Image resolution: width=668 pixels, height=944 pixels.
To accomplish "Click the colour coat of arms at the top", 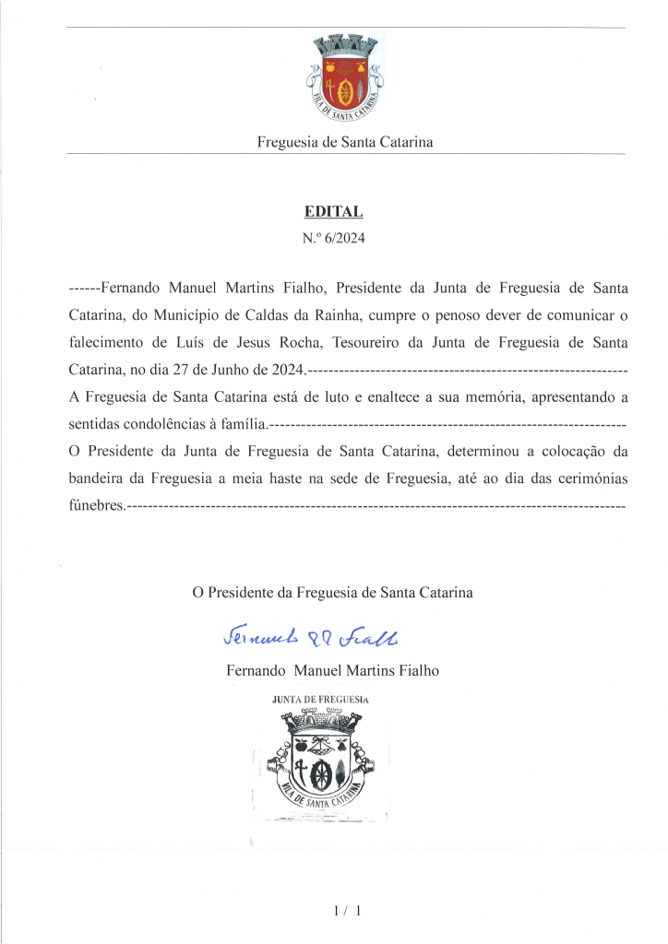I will [345, 80].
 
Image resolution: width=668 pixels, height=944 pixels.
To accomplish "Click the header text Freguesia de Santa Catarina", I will [345, 143].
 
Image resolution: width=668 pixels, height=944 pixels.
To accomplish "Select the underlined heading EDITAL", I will [334, 211].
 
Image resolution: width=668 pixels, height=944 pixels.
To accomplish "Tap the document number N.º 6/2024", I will [334, 239].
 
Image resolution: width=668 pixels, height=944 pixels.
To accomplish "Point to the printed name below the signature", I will [332, 671].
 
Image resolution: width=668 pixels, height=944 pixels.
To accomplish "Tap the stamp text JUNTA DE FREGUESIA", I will [320, 700].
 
